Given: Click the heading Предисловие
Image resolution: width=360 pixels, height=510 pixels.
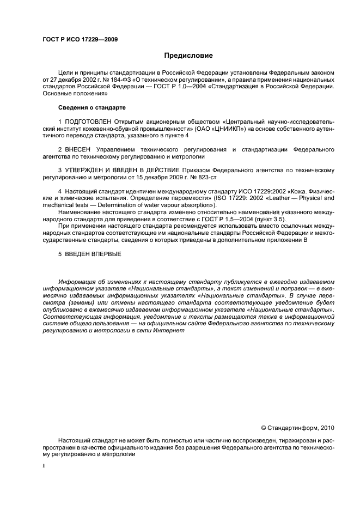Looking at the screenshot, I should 188,56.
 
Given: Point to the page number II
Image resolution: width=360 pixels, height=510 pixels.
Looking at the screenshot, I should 44,466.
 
